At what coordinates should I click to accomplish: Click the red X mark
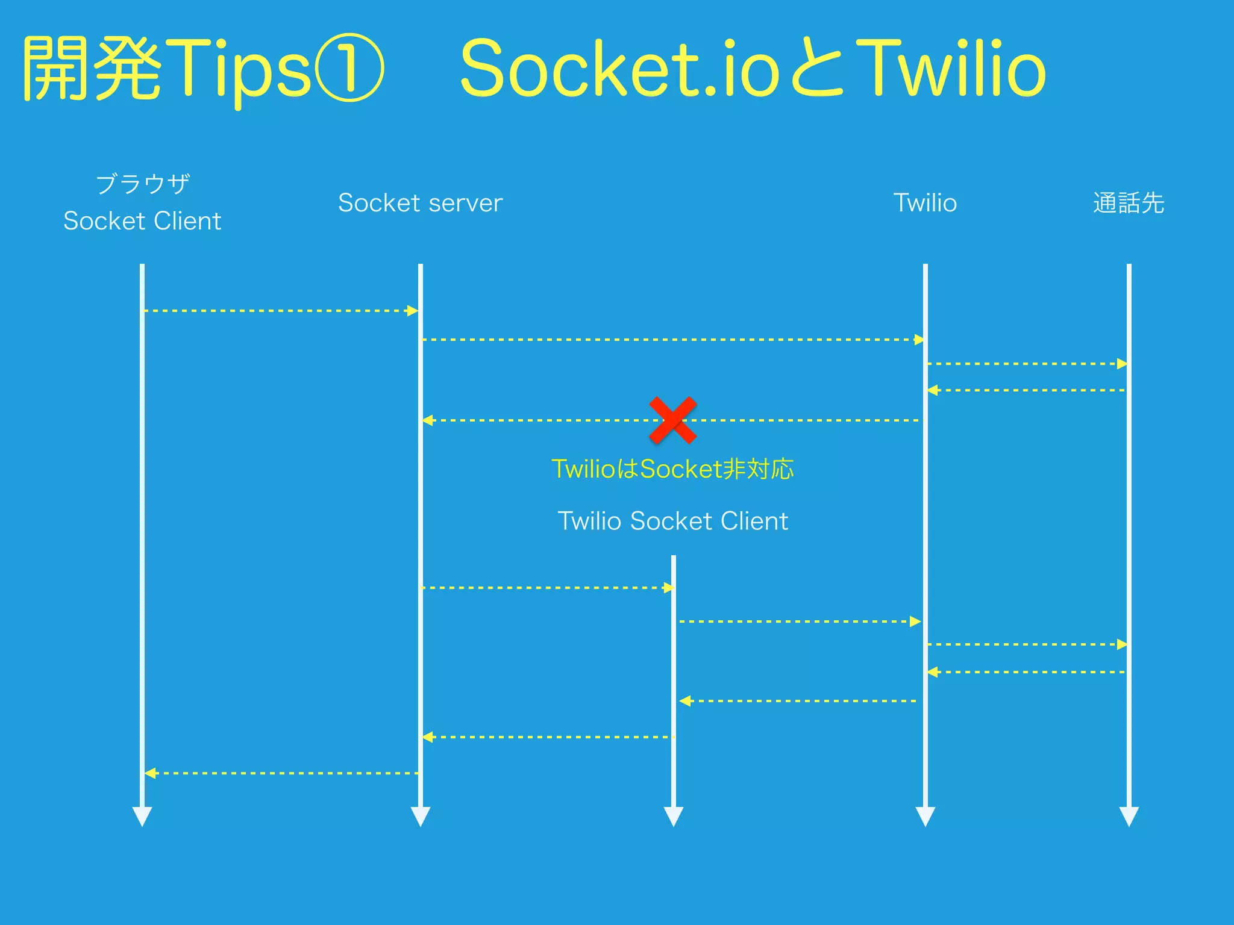673,420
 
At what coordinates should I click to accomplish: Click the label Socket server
420,203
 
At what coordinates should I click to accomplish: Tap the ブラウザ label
143,184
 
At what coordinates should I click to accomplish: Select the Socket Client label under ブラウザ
142,221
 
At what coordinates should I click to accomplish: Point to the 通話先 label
1128,203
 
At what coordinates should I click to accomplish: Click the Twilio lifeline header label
924,203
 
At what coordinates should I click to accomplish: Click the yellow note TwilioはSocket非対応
672,469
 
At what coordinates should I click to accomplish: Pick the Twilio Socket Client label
672,521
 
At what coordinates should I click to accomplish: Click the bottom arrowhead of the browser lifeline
142,817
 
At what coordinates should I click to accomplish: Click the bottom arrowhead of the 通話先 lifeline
1129,817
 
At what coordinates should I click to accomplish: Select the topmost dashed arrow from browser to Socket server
281,311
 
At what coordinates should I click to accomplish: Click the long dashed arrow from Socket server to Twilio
672,340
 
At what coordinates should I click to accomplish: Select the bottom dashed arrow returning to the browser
281,773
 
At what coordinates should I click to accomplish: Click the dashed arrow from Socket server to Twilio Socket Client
547,587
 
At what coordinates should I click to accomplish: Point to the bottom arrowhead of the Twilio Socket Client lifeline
673,817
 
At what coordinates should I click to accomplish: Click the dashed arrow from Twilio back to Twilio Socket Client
798,701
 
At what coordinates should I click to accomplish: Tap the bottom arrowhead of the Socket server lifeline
420,817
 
